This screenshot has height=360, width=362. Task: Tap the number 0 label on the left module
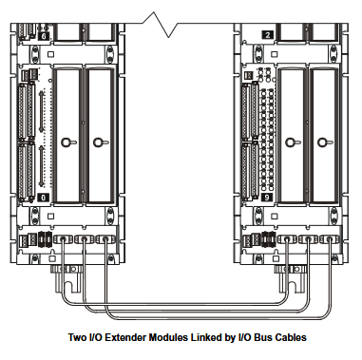click(x=45, y=198)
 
